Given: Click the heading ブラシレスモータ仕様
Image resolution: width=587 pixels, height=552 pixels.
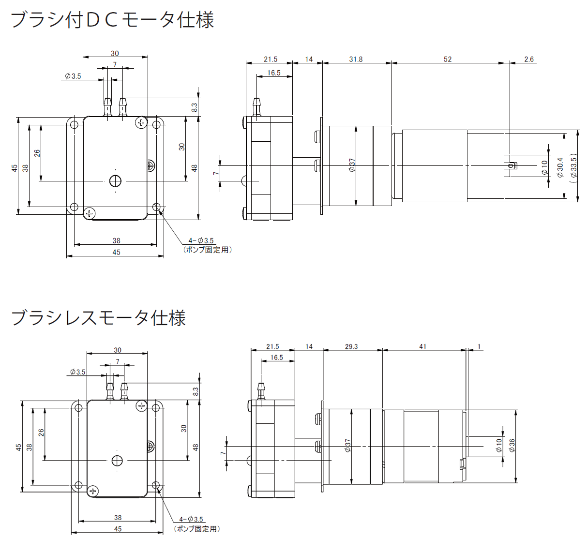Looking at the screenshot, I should [98, 318].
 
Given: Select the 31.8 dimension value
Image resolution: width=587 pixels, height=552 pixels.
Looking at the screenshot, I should [356, 59].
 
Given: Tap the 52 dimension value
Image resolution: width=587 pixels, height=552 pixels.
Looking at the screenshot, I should [448, 59].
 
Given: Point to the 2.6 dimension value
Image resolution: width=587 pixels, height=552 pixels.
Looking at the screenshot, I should [529, 59].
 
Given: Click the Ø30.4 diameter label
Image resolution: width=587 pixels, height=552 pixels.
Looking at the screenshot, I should [560, 167].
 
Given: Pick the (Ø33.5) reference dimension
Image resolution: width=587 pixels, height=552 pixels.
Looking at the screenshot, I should [574, 167].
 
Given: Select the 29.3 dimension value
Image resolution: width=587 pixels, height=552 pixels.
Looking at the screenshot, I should [351, 346].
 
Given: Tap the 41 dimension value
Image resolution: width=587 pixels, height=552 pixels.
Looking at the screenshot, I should [423, 346].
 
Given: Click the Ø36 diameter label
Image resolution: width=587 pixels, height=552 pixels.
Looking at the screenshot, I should [512, 446].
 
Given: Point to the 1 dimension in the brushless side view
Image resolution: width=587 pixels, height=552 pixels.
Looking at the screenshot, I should [479, 346].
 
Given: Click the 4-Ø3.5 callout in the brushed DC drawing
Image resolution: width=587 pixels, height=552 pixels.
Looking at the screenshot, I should [201, 240].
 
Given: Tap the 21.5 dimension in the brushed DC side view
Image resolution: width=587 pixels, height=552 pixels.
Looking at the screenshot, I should [271, 59].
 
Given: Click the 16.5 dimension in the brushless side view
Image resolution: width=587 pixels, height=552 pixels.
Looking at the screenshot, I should [277, 358].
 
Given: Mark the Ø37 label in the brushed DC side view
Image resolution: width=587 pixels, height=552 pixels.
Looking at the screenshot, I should [352, 165].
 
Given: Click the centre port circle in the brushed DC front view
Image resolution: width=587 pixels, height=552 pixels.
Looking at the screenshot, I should [115, 181].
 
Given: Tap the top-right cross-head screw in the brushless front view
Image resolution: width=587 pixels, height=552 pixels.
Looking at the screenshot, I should [141, 406].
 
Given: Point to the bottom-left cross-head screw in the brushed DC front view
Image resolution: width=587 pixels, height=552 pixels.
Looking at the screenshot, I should [90, 213].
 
